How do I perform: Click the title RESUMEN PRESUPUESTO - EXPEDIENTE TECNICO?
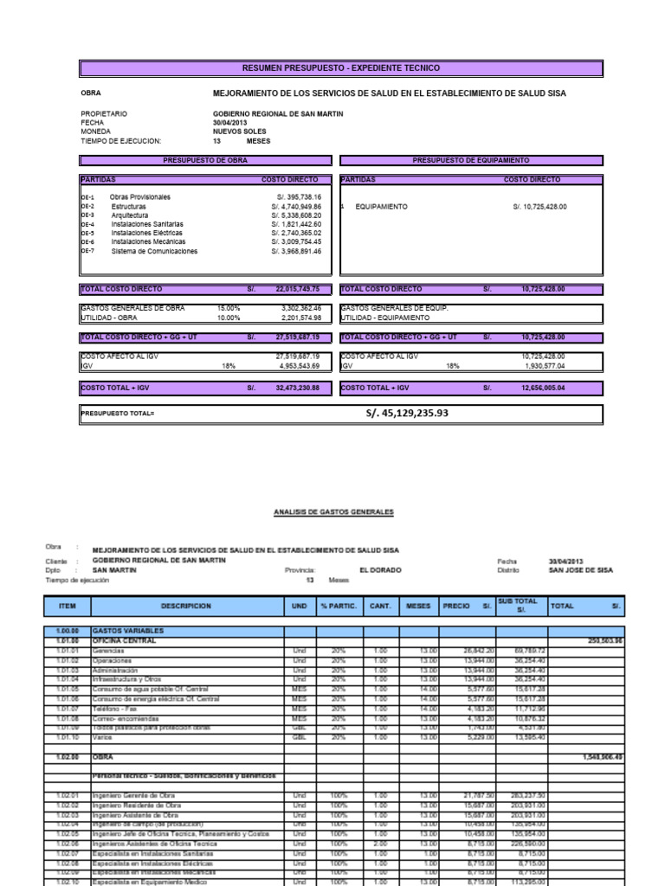(x=341, y=67)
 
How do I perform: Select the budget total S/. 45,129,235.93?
(x=407, y=413)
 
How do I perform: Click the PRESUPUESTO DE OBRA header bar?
(x=206, y=160)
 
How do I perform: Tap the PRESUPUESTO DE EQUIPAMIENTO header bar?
(x=470, y=160)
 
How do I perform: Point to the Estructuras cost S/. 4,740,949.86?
(x=295, y=207)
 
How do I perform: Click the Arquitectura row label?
(x=129, y=215)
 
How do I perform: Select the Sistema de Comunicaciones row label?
(x=154, y=251)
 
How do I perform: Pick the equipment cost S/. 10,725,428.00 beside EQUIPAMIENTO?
(x=539, y=207)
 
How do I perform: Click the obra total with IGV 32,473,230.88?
(x=297, y=388)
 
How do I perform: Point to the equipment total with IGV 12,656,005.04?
(x=541, y=388)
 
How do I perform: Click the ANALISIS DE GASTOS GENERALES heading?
(x=333, y=512)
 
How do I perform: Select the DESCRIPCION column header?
(x=186, y=607)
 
